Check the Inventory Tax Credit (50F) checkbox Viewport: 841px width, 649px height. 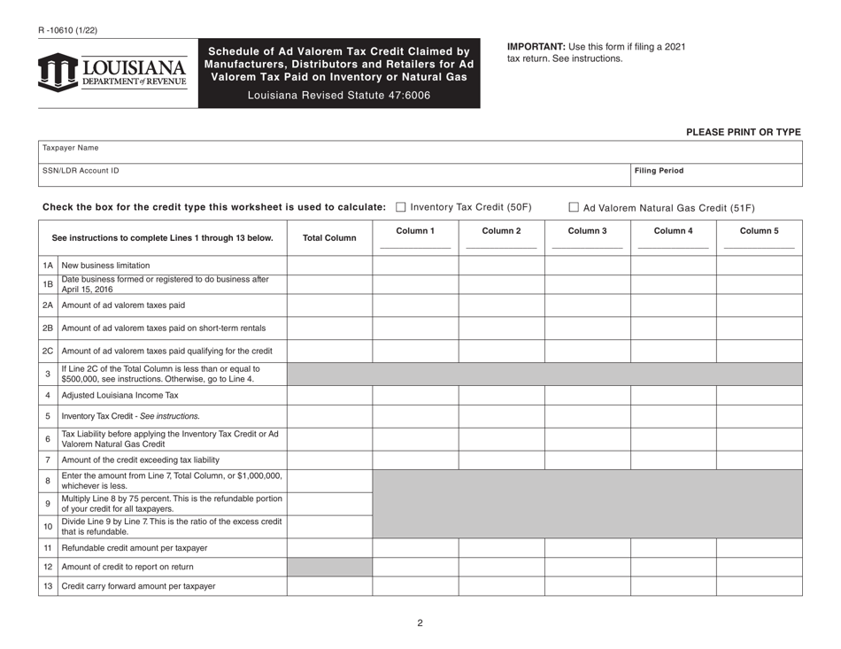coord(401,207)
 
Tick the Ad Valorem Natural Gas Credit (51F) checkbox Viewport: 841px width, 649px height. coord(574,208)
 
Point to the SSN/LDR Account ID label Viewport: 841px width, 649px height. coord(81,170)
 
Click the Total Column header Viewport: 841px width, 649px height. coord(329,238)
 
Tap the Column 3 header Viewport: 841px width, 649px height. coord(587,231)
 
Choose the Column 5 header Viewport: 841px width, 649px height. coord(759,231)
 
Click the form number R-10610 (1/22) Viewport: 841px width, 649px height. coord(68,30)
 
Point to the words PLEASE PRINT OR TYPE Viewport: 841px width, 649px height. coord(744,132)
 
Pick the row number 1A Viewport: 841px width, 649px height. coord(48,266)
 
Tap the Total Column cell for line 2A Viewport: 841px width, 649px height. coord(329,305)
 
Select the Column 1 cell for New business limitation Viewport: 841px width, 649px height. coord(415,266)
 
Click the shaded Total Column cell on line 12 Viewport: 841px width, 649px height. coord(329,567)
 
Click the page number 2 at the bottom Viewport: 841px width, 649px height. coord(420,622)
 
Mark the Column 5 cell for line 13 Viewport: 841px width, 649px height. coord(759,586)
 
